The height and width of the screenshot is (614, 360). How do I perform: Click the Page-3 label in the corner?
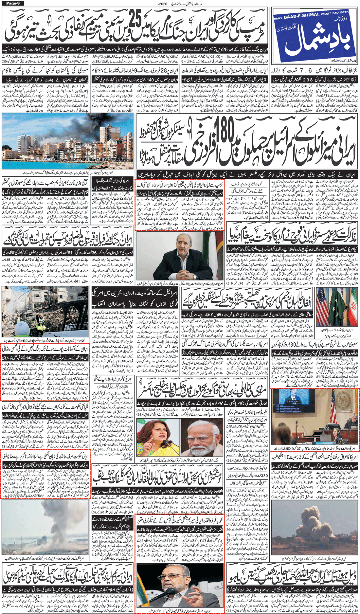pos(12,3)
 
